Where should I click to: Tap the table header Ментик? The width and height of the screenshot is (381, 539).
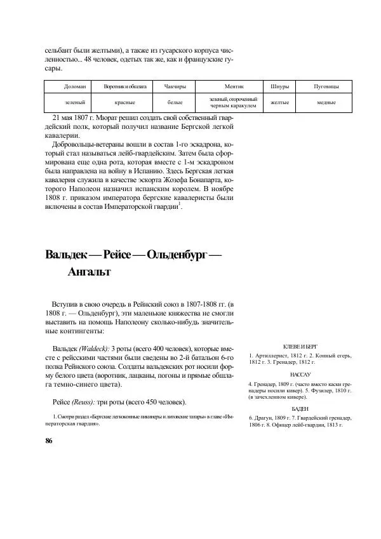pyautogui.click(x=234, y=86)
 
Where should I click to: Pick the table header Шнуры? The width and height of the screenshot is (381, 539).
pyautogui.click(x=280, y=86)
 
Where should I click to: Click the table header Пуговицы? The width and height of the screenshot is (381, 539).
pyautogui.click(x=326, y=86)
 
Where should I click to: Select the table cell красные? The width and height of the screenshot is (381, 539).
pyautogui.click(x=125, y=102)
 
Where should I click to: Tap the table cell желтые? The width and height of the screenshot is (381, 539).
pyautogui.click(x=280, y=102)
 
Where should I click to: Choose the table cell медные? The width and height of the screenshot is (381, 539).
pyautogui.click(x=326, y=102)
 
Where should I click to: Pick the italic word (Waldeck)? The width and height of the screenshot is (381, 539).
pyautogui.click(x=93, y=349)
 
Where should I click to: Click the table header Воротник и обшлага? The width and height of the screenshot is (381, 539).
pyautogui.click(x=125, y=86)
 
